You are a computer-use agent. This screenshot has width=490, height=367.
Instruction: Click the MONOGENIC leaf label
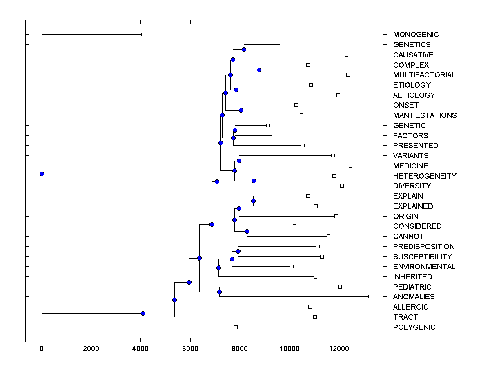pos(416,35)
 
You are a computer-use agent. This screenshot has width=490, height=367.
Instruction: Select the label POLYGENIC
pos(414,327)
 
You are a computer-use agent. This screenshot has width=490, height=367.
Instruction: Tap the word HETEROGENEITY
pos(425,176)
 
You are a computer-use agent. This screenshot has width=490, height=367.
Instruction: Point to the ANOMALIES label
pos(414,297)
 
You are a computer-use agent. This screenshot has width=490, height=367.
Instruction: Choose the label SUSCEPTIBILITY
pos(422,257)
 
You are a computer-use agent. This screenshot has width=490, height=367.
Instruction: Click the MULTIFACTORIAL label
pos(424,75)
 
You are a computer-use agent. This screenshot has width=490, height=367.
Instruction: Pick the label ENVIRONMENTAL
pos(424,267)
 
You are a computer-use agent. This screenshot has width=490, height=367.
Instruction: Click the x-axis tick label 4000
pos(140,349)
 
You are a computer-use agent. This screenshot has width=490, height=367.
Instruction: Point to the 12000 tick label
pos(339,349)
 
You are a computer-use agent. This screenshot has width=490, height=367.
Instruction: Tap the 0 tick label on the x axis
pos(42,349)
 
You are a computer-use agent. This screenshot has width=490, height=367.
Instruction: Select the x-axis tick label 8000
pos(240,349)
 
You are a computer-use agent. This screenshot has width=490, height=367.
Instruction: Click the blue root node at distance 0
pos(42,174)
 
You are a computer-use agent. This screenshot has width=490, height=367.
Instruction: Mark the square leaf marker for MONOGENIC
pos(143,34)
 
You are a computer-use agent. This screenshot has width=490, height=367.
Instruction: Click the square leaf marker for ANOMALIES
pos(370,296)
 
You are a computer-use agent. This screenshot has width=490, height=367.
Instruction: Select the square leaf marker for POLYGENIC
pos(236,327)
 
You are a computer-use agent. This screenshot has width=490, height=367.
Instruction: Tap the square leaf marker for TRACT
pos(315,317)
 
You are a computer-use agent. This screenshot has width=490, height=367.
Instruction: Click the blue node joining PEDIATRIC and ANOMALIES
pos(219,292)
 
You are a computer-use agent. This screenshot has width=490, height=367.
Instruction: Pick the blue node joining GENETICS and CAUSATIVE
pos(244,50)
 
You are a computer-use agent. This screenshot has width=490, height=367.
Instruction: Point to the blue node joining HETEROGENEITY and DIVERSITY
pos(254,181)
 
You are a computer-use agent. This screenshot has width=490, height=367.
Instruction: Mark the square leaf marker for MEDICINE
pos(350,166)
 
